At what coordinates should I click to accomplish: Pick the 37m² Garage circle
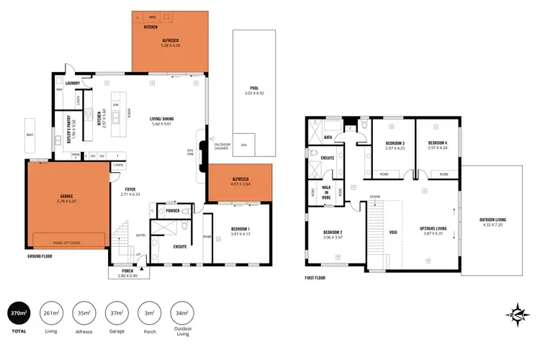pyautogui.click(x=116, y=314)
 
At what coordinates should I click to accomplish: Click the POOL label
pyautogui.click(x=254, y=89)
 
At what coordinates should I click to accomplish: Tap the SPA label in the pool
pyautogui.click(x=243, y=145)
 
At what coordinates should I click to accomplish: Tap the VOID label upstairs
pyautogui.click(x=392, y=233)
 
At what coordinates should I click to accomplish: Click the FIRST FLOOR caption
pyautogui.click(x=315, y=276)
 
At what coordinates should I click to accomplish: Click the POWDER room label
pyautogui.click(x=173, y=211)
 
